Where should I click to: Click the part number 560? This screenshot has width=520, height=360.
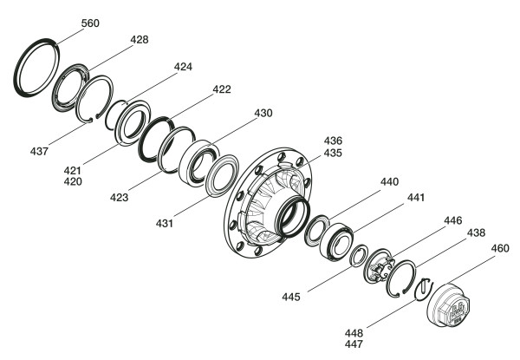click(x=90, y=23)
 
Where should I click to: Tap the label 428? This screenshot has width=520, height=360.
click(x=140, y=40)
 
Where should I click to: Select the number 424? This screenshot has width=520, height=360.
click(x=183, y=67)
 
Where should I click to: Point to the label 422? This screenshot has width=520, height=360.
click(x=222, y=89)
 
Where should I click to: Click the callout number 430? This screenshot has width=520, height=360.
click(x=263, y=113)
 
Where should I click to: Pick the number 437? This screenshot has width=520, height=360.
click(x=39, y=152)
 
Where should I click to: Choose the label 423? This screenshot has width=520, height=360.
click(x=119, y=198)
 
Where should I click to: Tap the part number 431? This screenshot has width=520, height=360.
click(x=165, y=224)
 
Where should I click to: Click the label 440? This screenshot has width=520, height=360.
click(x=390, y=182)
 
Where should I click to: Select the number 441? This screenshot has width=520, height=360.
click(x=416, y=198)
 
